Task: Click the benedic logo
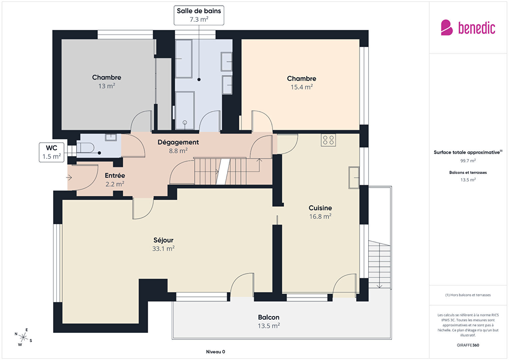pos(468,27)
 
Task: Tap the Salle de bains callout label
pos(199,15)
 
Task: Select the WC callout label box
pos(52,152)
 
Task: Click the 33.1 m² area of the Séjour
pos(163,249)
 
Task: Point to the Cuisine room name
pos(320,208)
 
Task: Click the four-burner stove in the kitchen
pos(328,140)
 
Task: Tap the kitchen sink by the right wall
pos(354,178)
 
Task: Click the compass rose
pos(23,337)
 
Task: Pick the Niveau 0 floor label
pos(215,352)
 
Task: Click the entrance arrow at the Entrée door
pos(69,177)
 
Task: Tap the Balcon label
pos(269,317)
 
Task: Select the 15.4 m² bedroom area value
pos(302,87)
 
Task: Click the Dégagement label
pos(178,142)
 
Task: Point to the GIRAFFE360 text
pos(468,345)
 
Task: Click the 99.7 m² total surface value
pos(468,161)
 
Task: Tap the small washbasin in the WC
pos(111,137)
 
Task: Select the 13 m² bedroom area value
pos(107,86)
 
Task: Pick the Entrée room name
pos(115,175)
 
